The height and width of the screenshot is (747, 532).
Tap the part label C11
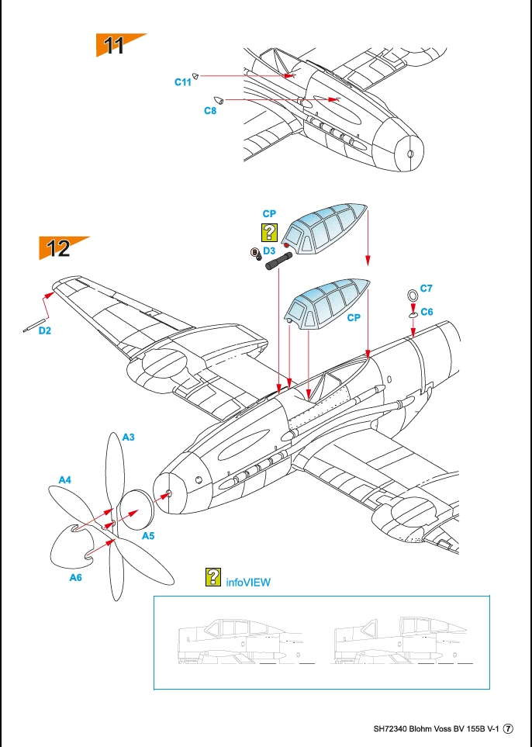click(182, 81)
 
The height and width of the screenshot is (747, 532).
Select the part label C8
click(210, 111)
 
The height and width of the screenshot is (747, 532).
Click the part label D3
click(269, 251)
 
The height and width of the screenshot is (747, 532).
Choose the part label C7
click(426, 288)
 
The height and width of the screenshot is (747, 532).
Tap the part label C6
click(427, 311)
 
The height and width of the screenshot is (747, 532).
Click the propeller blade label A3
click(129, 437)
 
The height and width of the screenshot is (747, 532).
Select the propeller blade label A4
click(65, 480)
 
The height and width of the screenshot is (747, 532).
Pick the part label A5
click(148, 535)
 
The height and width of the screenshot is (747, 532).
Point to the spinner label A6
click(76, 577)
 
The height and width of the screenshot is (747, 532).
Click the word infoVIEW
click(248, 581)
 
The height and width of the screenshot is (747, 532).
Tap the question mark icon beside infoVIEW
click(212, 576)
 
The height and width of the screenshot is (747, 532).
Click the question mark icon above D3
click(269, 232)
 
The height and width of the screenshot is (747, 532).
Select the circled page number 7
click(509, 729)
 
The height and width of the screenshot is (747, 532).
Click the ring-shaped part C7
click(413, 295)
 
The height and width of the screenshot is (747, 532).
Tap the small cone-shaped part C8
click(219, 100)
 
